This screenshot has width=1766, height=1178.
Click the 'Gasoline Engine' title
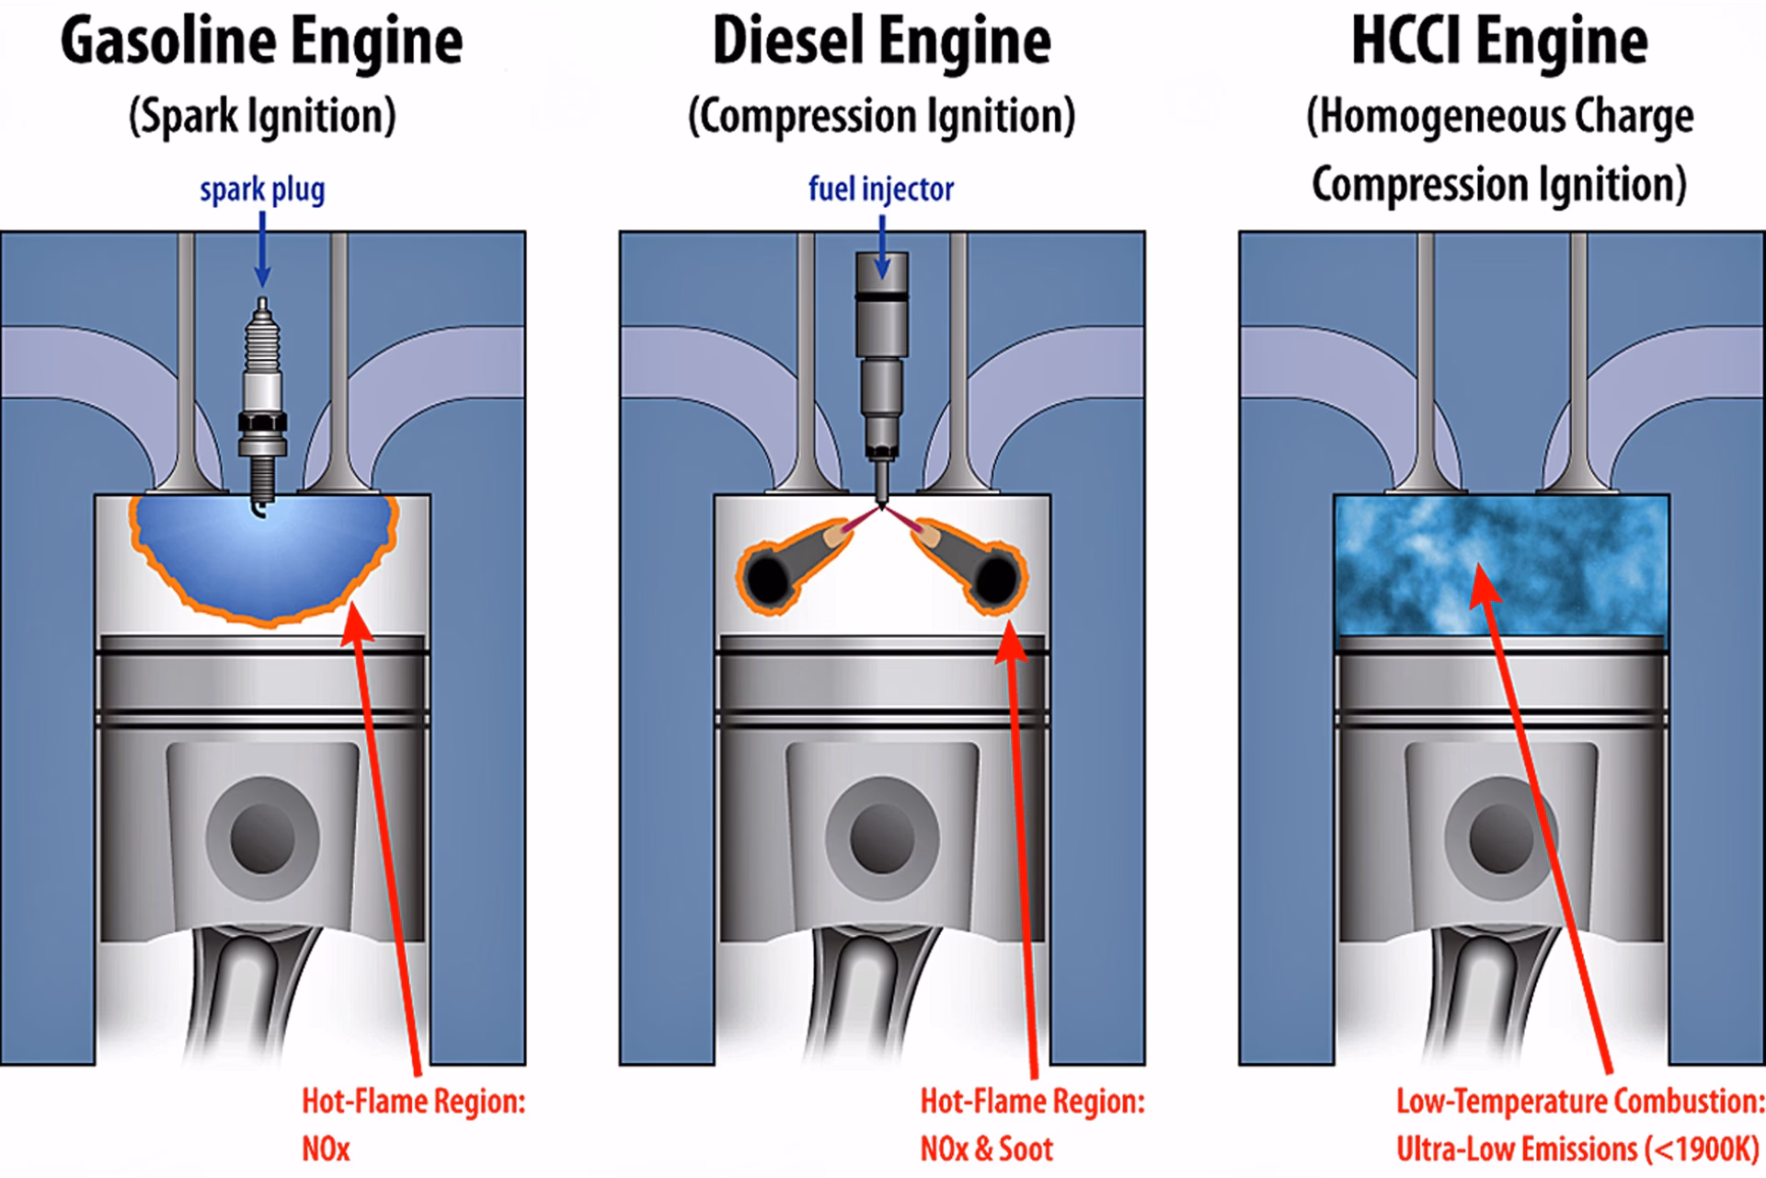(x=261, y=42)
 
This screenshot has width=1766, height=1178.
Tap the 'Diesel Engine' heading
(x=881, y=42)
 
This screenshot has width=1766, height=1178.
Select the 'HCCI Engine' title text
(x=1499, y=42)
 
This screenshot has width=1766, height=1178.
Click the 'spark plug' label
(x=262, y=190)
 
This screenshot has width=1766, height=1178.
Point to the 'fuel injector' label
(x=881, y=190)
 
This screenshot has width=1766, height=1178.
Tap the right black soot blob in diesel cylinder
(x=994, y=579)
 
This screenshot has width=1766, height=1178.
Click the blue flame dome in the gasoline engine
(x=262, y=561)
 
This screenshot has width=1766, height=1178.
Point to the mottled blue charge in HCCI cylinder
(x=1501, y=565)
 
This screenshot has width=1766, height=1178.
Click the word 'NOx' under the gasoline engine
(x=327, y=1149)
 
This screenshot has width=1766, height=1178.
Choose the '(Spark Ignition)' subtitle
(x=262, y=117)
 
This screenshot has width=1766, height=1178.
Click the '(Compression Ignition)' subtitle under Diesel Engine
(x=881, y=117)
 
